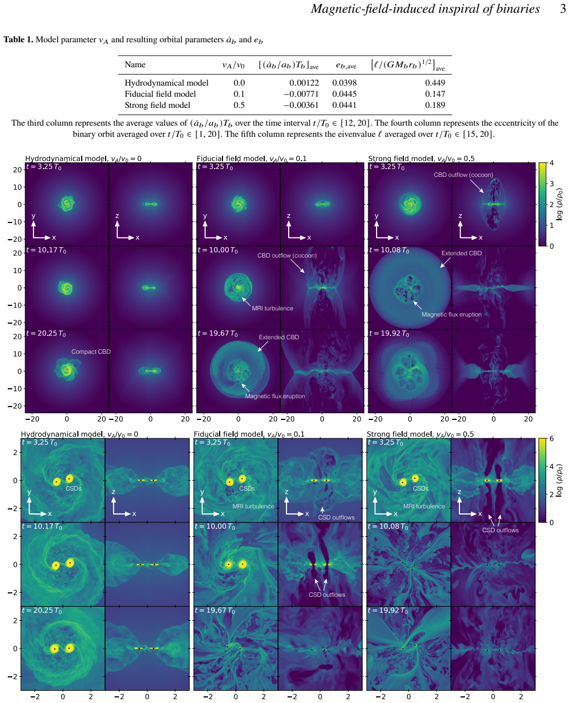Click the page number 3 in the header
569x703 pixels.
pyautogui.click(x=562, y=9)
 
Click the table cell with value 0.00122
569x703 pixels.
pyautogui.click(x=304, y=82)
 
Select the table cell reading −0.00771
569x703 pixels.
pyautogui.click(x=301, y=94)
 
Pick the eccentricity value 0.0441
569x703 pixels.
pyautogui.click(x=344, y=105)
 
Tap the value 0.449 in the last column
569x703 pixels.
pyautogui.click(x=434, y=82)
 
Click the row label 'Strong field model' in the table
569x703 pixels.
pyautogui.click(x=157, y=105)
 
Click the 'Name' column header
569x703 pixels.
pyautogui.click(x=135, y=65)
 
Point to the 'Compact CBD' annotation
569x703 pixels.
pyautogui.click(x=91, y=351)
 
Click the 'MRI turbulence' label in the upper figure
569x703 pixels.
pyautogui.click(x=273, y=308)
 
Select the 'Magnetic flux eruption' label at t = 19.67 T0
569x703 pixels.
pyautogui.click(x=275, y=396)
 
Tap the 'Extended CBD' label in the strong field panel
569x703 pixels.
pyautogui.click(x=461, y=253)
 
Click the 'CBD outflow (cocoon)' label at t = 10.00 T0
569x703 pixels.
pyautogui.click(x=286, y=255)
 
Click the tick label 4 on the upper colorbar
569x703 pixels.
pyautogui.click(x=551, y=163)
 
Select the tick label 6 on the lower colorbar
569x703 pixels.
pyautogui.click(x=551, y=439)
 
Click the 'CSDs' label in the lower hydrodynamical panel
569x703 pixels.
pyautogui.click(x=73, y=488)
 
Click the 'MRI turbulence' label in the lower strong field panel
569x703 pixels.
pyautogui.click(x=424, y=506)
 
